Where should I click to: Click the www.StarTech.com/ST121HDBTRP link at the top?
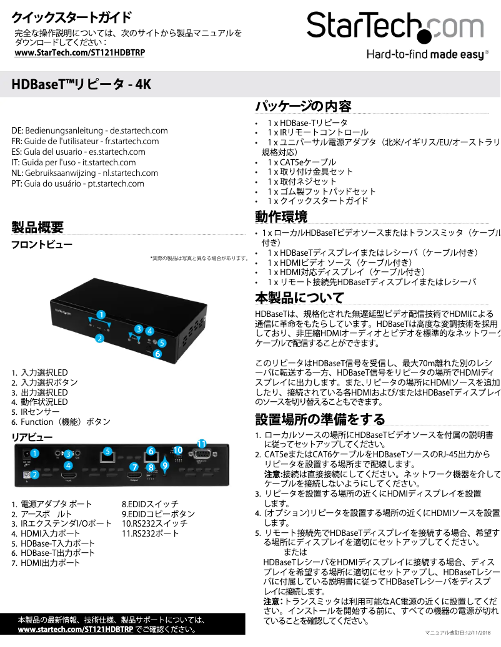(x=79, y=53)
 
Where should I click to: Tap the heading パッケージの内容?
(x=303, y=105)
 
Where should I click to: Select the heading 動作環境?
(x=281, y=217)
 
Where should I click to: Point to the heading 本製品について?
(x=300, y=297)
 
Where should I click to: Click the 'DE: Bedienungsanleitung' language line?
(x=89, y=131)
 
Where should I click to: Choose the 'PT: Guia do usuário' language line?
(x=77, y=183)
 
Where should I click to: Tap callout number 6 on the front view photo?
(x=157, y=354)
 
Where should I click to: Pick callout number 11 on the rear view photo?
(x=202, y=444)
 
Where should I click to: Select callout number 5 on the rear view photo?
(x=107, y=451)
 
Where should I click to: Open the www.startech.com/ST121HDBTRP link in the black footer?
(x=75, y=630)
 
